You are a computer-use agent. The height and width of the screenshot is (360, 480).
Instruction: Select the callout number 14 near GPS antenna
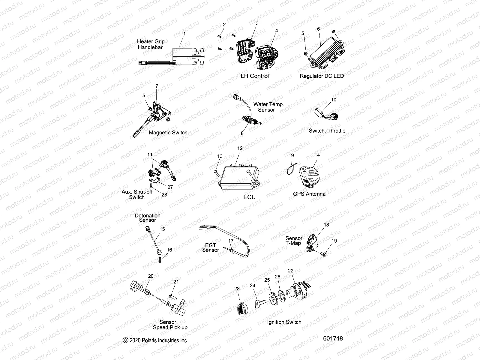[x=317, y=155]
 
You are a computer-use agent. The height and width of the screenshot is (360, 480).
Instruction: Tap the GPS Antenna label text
[x=309, y=194]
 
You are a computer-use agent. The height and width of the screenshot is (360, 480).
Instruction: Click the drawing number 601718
[x=333, y=338]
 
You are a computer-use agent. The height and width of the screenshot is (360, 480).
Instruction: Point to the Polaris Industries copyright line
[x=156, y=340]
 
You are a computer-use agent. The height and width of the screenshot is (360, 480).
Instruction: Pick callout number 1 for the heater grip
[x=184, y=34]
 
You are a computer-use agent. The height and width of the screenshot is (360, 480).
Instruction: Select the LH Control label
[x=255, y=76]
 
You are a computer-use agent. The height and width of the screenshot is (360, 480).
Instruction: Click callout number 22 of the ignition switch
[x=290, y=271]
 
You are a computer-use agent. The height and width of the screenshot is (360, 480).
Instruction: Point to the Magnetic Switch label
[x=168, y=133]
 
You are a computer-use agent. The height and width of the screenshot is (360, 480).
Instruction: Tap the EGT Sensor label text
[x=210, y=247]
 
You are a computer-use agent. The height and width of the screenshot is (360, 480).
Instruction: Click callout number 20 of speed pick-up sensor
[x=151, y=276]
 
